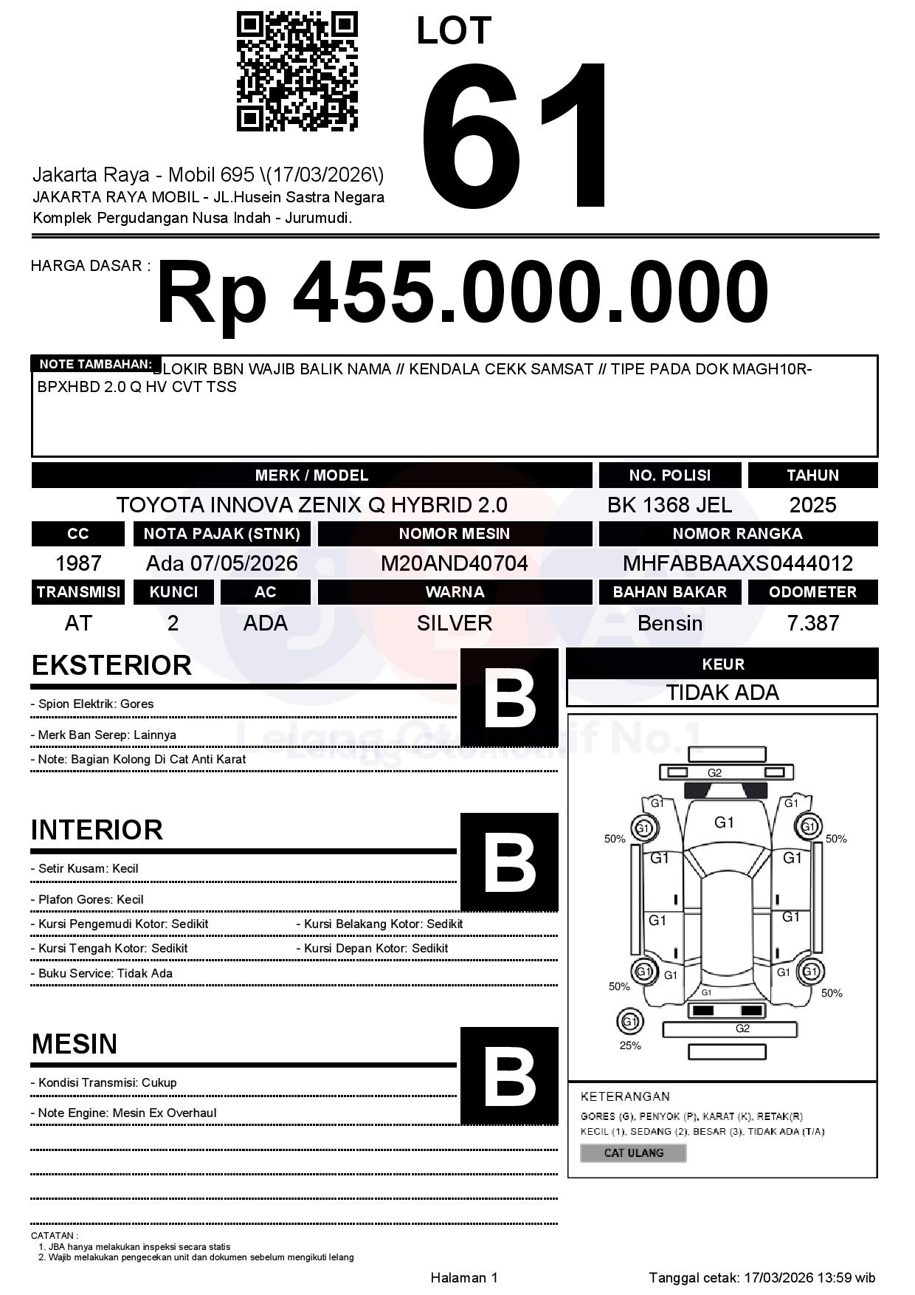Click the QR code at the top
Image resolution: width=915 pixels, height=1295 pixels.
point(297,72)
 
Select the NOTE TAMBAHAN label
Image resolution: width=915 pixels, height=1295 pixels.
point(95,364)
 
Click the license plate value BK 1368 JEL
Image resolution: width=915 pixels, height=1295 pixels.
point(669,505)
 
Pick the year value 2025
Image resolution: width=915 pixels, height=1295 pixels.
point(812,505)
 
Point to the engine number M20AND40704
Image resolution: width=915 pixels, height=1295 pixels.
point(454,563)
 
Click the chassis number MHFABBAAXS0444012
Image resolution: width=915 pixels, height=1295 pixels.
point(738,563)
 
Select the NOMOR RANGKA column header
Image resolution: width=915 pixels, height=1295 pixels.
point(738,533)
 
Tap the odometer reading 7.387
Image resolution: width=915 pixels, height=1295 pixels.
point(812,623)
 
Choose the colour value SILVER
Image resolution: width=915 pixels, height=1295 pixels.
point(454,623)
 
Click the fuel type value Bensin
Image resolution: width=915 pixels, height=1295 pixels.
point(669,623)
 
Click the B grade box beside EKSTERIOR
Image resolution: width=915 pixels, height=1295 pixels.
point(509,698)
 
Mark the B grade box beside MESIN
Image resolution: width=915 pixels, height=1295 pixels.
point(509,1076)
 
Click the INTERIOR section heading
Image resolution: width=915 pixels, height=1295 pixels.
point(97,830)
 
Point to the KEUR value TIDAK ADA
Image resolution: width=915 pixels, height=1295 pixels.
point(722,693)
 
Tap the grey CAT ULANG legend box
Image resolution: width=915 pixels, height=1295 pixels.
point(633,1153)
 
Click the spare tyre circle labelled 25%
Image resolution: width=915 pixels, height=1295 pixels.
point(629,1022)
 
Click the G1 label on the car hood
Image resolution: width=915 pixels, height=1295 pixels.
point(724,822)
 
